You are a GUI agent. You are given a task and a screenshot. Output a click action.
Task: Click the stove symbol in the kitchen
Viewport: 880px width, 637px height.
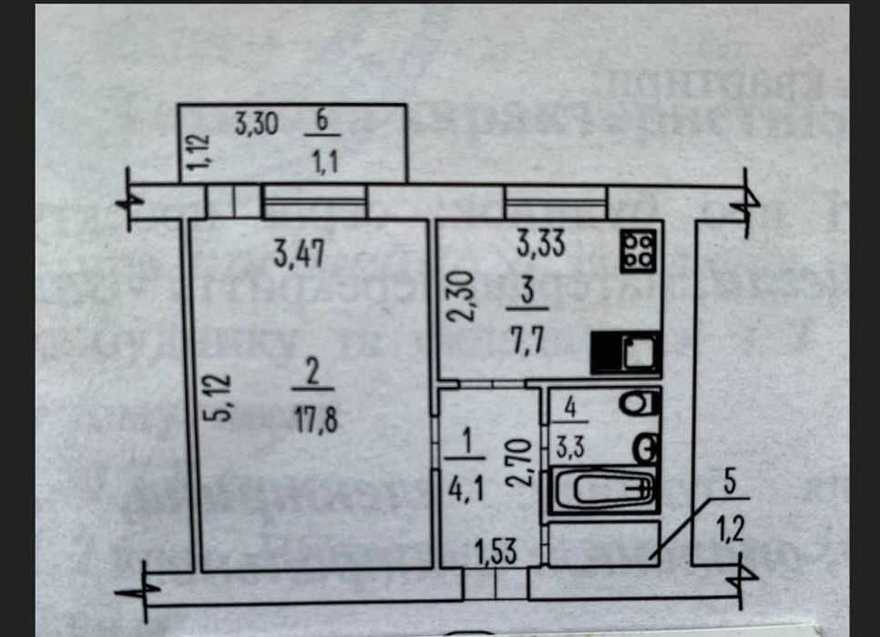click(x=638, y=250)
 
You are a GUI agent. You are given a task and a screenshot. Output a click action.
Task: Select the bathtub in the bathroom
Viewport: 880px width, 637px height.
click(x=601, y=493)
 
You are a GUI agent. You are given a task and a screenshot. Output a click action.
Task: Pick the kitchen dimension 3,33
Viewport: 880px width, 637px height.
click(x=541, y=243)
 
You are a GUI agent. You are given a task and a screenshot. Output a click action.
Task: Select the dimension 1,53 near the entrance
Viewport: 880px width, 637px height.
click(x=495, y=550)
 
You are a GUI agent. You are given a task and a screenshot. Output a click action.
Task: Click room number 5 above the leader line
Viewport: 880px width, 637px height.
click(x=730, y=483)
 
